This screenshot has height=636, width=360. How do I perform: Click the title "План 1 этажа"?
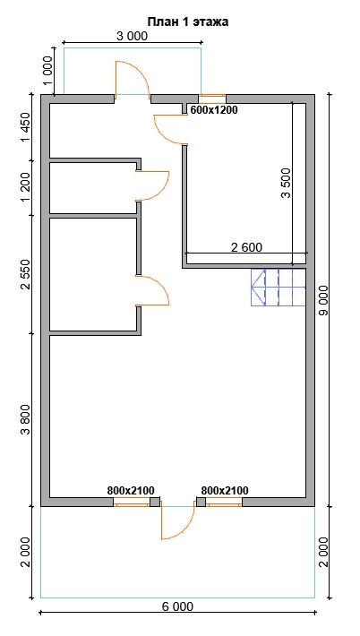(188, 21)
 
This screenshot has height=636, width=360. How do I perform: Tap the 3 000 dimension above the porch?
(133, 36)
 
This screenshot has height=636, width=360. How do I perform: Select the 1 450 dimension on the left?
(25, 127)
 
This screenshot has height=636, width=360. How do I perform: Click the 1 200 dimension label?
(25, 187)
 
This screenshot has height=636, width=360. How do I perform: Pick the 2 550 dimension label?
(25, 274)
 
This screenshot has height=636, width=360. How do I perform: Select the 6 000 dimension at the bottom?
(177, 606)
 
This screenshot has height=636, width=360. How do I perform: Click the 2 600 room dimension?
(246, 246)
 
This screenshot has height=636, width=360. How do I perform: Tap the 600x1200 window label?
(214, 110)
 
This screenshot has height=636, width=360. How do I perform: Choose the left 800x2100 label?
(131, 490)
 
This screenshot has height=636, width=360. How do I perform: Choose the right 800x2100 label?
(225, 490)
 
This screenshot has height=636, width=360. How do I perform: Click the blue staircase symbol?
(279, 288)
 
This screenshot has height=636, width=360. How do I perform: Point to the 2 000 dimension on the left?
(25, 553)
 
